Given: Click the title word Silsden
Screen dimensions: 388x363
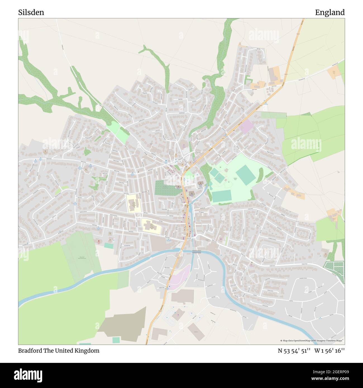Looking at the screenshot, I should click(x=31, y=13).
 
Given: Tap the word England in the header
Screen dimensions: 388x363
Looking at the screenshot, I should click(x=330, y=13).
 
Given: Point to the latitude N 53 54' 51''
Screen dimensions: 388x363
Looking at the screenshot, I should click(x=294, y=351).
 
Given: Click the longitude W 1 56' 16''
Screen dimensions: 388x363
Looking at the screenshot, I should click(x=329, y=351).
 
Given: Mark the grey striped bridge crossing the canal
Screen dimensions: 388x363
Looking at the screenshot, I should click(x=196, y=252).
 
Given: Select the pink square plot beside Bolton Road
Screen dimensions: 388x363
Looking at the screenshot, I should click(x=246, y=126).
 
